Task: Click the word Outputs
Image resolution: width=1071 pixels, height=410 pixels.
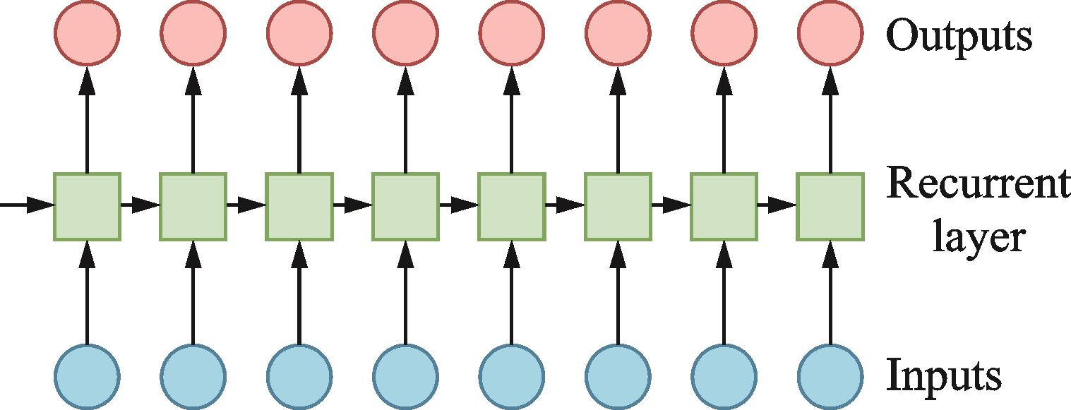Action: [x=959, y=35]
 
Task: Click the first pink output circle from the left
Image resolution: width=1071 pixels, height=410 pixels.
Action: [x=88, y=33]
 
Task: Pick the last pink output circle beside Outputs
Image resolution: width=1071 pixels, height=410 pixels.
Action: [x=830, y=33]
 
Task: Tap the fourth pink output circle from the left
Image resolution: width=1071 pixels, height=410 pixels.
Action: [x=405, y=33]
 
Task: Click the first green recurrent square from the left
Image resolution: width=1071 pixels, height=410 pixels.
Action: [x=88, y=205]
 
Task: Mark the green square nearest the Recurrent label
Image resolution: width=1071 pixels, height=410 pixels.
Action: [x=830, y=205]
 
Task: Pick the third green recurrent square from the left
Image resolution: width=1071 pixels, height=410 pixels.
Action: [x=299, y=205]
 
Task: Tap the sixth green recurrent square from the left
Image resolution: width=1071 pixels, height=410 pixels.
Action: [x=617, y=205]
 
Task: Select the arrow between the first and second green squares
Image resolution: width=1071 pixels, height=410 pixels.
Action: [x=140, y=205]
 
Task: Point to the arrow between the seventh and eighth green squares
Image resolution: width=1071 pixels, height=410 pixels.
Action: [x=777, y=205]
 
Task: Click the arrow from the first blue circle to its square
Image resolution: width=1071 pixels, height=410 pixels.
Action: [x=88, y=293]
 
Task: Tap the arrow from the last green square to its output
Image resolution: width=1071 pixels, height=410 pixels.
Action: [x=830, y=120]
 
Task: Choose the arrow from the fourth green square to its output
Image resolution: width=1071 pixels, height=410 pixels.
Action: [x=405, y=120]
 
